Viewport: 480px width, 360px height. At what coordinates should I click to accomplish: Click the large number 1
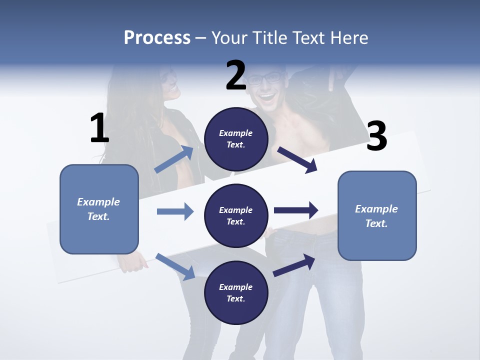coord(99,128)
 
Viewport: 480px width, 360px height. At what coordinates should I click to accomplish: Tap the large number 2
coord(236,75)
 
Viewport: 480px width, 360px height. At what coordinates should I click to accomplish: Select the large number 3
coord(376,136)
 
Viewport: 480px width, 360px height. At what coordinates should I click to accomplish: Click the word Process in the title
coord(157,37)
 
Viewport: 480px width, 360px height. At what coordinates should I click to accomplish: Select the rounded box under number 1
coord(99,209)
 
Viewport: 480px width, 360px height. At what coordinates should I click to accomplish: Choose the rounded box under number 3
coord(377,215)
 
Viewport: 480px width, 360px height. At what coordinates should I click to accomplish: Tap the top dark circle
coord(236,139)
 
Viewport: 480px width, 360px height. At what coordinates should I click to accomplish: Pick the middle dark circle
coord(236,215)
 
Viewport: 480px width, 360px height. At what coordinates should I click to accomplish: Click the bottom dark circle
coord(236,292)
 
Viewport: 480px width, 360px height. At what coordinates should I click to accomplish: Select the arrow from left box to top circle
coord(174,159)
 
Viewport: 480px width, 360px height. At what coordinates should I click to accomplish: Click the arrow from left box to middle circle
coord(175,211)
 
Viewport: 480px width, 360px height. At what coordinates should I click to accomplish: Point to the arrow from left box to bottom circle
coord(175,266)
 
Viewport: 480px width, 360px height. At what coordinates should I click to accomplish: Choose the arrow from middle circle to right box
coord(296,210)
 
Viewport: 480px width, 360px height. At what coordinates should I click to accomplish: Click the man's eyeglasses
coord(265,78)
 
